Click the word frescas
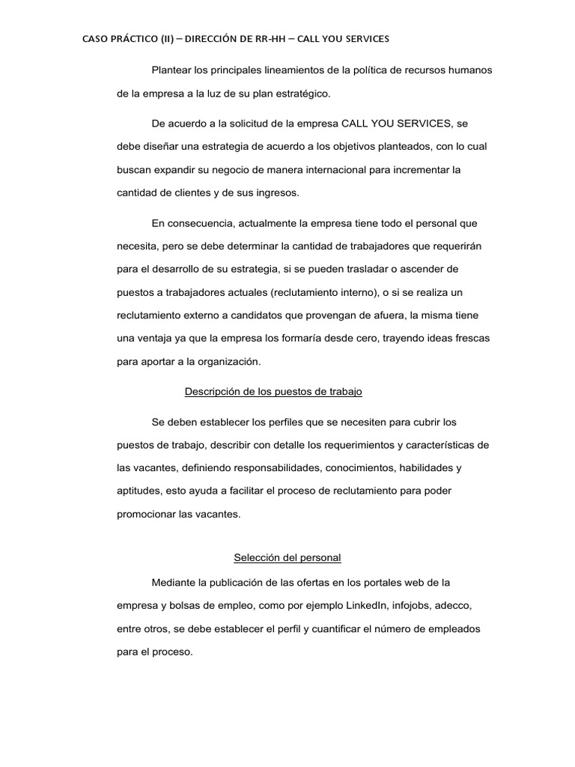click(467, 338)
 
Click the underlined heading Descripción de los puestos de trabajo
click(273, 392)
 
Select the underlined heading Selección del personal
click(287, 557)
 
